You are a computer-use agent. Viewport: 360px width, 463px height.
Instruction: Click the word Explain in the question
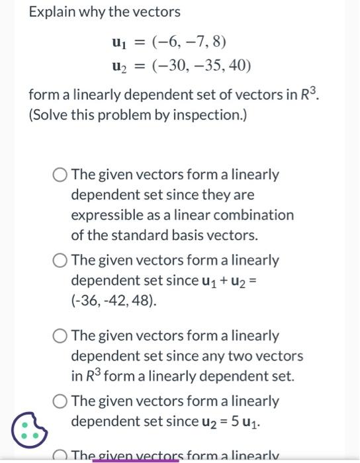pos(51,12)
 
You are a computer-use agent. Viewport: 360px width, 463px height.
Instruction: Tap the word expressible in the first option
pos(103,215)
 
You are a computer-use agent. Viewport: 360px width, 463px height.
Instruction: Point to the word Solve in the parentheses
pos(50,114)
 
